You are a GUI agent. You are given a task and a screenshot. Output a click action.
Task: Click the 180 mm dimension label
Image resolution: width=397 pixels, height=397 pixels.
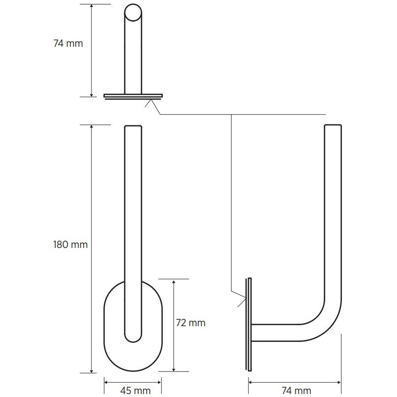[x=70, y=244]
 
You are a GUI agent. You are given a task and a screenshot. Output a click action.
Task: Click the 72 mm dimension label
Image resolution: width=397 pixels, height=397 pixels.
[x=190, y=323]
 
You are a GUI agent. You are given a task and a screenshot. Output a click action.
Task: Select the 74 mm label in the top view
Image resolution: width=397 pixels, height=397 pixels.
[x=68, y=43]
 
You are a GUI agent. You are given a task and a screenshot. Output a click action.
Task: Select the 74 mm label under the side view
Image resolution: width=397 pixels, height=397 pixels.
[x=296, y=390]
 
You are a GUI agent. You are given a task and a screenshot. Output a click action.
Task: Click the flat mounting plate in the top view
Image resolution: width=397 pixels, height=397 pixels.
[x=133, y=95]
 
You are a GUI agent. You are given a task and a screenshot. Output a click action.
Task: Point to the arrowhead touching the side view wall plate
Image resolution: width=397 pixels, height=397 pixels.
[x=244, y=297]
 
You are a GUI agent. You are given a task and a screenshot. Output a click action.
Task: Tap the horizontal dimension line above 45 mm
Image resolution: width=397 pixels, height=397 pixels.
[x=133, y=380]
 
